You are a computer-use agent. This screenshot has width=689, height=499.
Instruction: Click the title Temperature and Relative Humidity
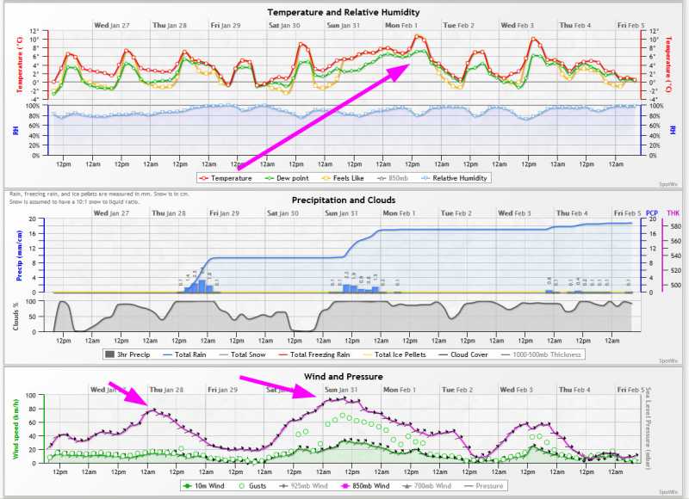click(344, 13)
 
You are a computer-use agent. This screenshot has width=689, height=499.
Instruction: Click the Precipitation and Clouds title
click(344, 200)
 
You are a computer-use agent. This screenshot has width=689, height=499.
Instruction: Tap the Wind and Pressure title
click(344, 377)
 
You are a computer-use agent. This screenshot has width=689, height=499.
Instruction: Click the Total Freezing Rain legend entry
click(317, 354)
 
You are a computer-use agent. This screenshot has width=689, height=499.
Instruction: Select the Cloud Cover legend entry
click(467, 354)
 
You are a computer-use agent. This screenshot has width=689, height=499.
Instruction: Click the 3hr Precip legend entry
click(130, 354)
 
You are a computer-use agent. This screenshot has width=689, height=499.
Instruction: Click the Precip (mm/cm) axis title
click(32, 255)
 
